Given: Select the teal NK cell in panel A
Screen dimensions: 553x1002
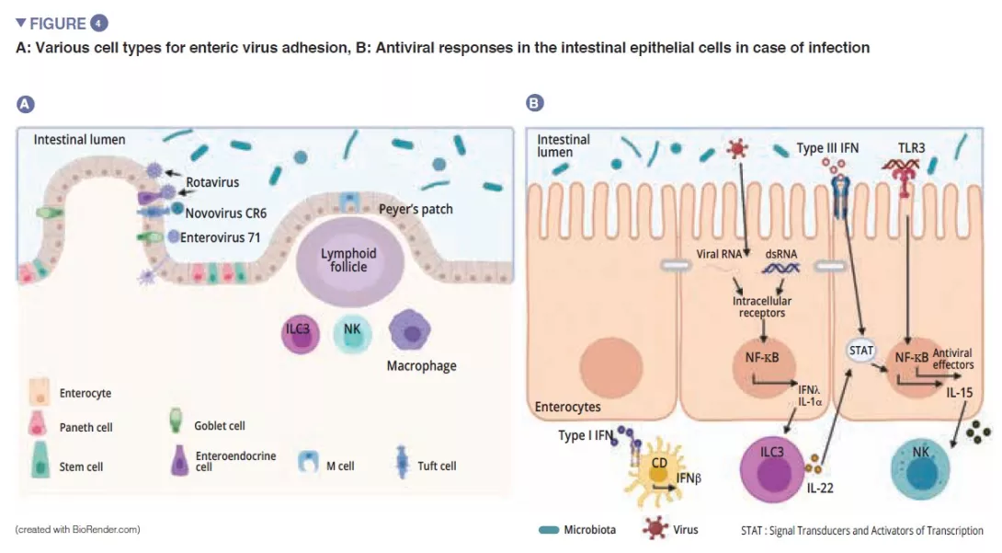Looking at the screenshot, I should (x=350, y=334).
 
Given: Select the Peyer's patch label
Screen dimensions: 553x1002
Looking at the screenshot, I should (x=416, y=209).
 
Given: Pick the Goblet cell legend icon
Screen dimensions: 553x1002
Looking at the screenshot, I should (x=178, y=422).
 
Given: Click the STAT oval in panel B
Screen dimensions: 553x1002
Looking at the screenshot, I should (x=862, y=350).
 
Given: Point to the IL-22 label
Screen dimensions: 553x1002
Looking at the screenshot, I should (x=819, y=488).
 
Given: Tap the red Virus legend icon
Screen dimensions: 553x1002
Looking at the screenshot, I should (x=655, y=529).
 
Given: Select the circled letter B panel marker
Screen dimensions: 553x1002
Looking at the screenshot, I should (x=534, y=104).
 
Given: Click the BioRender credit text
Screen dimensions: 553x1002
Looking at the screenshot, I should (x=77, y=530).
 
